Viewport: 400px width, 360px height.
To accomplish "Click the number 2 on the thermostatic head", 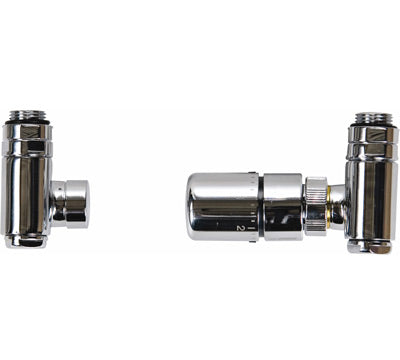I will pyautogui.click(x=242, y=228).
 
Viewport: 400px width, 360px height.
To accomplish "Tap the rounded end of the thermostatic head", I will pyautogui.click(x=194, y=205).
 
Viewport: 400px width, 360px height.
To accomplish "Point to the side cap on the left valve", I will pyautogui.click(x=73, y=203).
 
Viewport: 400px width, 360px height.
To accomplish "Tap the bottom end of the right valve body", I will pyautogui.click(x=369, y=244).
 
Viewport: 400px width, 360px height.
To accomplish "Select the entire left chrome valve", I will pyautogui.click(x=40, y=180).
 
